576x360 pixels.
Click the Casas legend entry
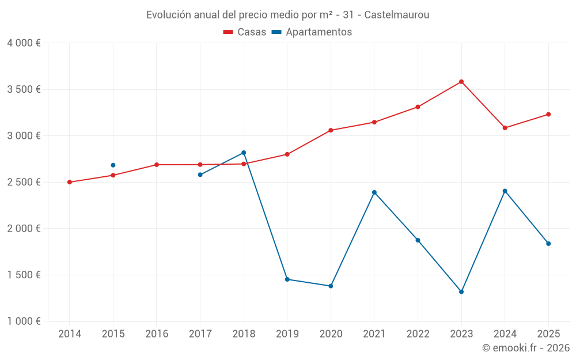[245, 32]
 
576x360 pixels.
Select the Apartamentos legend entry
[312, 32]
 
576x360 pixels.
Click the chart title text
[287, 15]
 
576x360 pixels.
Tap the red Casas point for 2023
[461, 82]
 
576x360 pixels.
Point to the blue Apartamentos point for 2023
[461, 291]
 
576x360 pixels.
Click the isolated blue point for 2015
[113, 165]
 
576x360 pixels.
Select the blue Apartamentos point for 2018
[244, 153]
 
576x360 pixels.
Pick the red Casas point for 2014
[70, 182]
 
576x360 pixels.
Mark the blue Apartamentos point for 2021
[374, 192]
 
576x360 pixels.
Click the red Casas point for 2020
[331, 130]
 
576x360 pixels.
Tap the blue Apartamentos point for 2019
[287, 279]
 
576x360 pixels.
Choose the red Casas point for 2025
[548, 114]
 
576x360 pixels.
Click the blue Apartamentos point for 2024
[505, 191]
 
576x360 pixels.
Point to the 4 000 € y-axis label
[24, 43]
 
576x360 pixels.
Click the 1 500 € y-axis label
[24, 275]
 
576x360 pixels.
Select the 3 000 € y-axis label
[24, 136]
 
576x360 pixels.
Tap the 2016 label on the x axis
[157, 334]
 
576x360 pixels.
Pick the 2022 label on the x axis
[418, 334]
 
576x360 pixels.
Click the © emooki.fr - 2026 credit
[526, 348]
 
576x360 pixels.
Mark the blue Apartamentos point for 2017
[200, 175]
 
